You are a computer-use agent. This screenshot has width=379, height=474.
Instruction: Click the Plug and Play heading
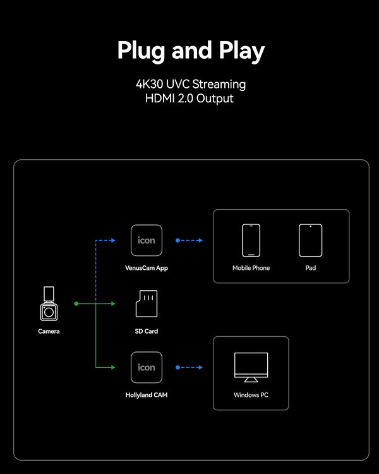[189, 51]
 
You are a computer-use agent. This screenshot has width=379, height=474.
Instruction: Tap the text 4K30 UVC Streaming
[190, 84]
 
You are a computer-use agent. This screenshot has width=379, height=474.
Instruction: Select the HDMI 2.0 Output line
[190, 99]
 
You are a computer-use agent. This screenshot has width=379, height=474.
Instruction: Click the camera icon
[49, 305]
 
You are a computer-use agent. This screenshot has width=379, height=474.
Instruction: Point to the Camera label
[49, 331]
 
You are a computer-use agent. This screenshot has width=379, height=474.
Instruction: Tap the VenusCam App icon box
[147, 241]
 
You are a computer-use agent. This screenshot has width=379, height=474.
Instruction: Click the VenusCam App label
[147, 268]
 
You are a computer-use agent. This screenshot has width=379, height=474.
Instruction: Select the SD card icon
[147, 304]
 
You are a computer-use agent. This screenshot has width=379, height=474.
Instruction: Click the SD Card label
[147, 331]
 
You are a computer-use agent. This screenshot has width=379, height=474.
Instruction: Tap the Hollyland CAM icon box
[147, 367]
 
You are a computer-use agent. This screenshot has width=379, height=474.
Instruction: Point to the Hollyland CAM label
[147, 395]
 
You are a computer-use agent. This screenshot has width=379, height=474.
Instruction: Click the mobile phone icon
[251, 240]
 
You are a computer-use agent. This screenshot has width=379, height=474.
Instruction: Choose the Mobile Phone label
[251, 268]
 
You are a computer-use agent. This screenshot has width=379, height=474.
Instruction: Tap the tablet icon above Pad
[310, 240]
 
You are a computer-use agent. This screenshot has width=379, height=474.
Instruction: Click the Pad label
[310, 268]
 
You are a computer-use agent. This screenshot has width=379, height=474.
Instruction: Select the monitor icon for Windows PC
[251, 367]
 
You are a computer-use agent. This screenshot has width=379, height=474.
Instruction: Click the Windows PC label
[251, 395]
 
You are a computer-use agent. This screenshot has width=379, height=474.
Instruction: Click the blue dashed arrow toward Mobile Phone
[189, 241]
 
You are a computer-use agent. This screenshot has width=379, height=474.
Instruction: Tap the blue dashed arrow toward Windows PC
[189, 367]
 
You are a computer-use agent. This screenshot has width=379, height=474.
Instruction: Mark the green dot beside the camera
[76, 304]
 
